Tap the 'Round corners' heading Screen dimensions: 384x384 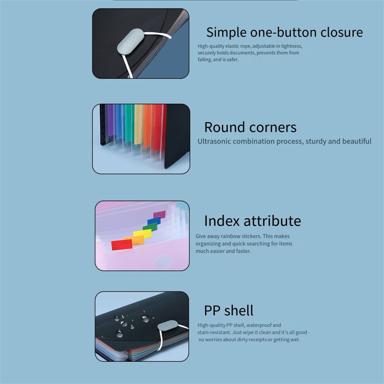click(x=250, y=127)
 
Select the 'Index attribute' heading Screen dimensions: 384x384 click(x=253, y=221)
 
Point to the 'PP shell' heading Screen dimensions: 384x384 click(x=229, y=311)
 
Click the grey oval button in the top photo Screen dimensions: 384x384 click(x=131, y=41)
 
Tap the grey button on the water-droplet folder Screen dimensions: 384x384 click(x=168, y=325)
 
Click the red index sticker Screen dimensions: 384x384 click(x=122, y=245)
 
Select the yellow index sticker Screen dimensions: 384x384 click(x=142, y=234)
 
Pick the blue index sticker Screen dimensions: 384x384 click(x=154, y=221)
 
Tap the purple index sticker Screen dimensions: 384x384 click(x=159, y=214)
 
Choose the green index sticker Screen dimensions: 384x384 click(x=150, y=227)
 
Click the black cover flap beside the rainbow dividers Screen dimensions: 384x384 click(x=177, y=136)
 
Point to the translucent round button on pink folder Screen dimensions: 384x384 click(x=163, y=261)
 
